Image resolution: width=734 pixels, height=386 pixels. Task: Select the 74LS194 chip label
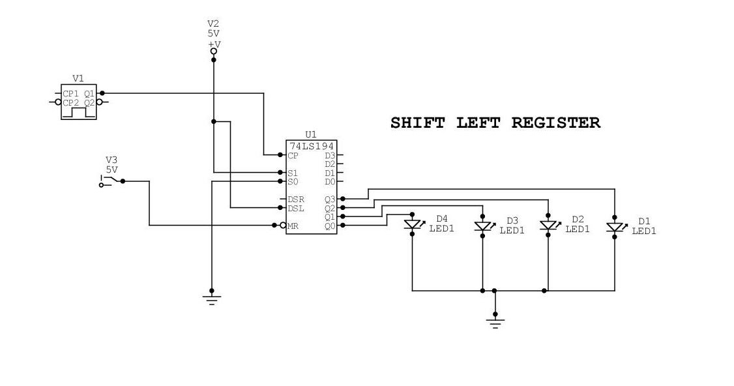pyautogui.click(x=311, y=145)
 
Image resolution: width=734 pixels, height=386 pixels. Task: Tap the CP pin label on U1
pyautogui.click(x=293, y=155)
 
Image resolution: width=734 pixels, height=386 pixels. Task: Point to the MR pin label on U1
pyautogui.click(x=293, y=226)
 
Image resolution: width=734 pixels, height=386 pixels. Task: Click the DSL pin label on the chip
pyautogui.click(x=296, y=208)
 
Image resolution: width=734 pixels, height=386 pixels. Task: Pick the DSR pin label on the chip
pyautogui.click(x=296, y=199)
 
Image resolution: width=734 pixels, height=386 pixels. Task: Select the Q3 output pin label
pyautogui.click(x=329, y=199)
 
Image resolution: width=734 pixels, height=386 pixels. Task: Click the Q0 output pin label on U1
pyautogui.click(x=329, y=226)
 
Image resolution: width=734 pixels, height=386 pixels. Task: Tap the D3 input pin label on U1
pyautogui.click(x=329, y=155)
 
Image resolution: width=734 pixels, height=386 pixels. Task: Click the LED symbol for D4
pyautogui.click(x=412, y=224)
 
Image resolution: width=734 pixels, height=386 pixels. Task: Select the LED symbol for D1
pyautogui.click(x=614, y=227)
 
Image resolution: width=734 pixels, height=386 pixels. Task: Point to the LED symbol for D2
pyautogui.click(x=548, y=226)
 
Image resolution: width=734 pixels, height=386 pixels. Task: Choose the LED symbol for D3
pyautogui.click(x=482, y=226)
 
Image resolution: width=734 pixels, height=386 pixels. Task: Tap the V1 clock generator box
pyautogui.click(x=78, y=102)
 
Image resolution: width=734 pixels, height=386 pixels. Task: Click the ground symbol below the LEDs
pyautogui.click(x=495, y=322)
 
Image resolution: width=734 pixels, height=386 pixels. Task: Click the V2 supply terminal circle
pyautogui.click(x=213, y=59)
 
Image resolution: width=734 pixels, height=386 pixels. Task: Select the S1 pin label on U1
pyautogui.click(x=293, y=173)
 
